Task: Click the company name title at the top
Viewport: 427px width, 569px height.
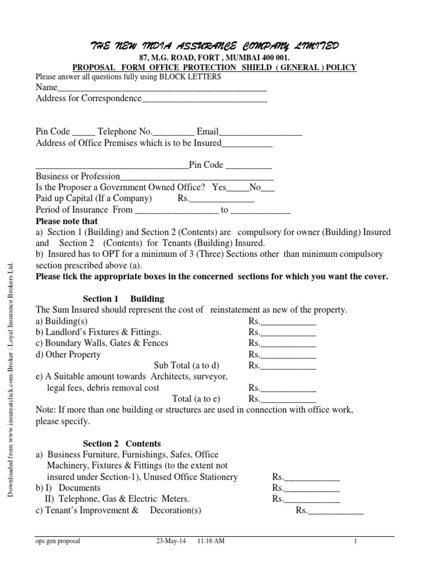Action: coord(213,45)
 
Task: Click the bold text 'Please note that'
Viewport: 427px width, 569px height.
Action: coord(67,221)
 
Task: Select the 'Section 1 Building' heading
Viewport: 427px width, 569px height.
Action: coord(123,299)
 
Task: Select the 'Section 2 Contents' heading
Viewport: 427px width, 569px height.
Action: coord(122,443)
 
